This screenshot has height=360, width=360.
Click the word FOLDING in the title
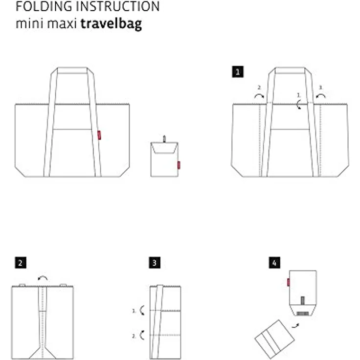[x=44, y=6]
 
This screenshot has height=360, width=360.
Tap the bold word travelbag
[x=111, y=24]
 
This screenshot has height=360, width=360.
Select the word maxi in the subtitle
[x=62, y=23]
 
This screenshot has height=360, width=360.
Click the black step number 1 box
[x=238, y=72]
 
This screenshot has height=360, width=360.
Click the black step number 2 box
[x=21, y=263]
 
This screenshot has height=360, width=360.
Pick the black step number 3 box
[x=155, y=263]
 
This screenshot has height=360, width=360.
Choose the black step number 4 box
[x=274, y=263]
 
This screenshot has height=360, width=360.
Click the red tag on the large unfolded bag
[x=99, y=135]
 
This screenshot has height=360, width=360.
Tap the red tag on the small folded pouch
[x=179, y=165]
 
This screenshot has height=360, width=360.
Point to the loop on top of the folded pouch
[x=164, y=139]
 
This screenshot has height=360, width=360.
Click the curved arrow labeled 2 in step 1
[x=259, y=95]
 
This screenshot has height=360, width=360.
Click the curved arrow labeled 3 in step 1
[x=321, y=95]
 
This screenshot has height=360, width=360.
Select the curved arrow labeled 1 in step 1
[x=298, y=105]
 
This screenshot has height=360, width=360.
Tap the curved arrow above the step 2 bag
[x=43, y=278]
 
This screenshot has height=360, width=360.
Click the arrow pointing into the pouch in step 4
[x=295, y=326]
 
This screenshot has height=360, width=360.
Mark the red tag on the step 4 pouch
[x=289, y=282]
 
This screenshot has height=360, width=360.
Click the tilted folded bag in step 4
[x=274, y=339]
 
